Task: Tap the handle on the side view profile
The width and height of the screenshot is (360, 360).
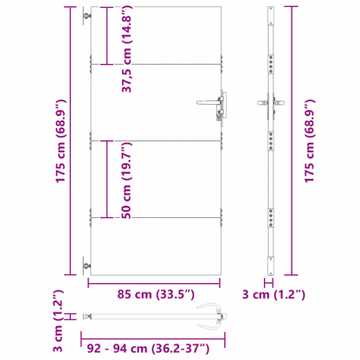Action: click(270, 106)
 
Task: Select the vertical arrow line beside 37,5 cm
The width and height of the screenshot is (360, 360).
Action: click(106, 36)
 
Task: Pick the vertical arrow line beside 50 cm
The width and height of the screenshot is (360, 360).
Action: click(106, 180)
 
